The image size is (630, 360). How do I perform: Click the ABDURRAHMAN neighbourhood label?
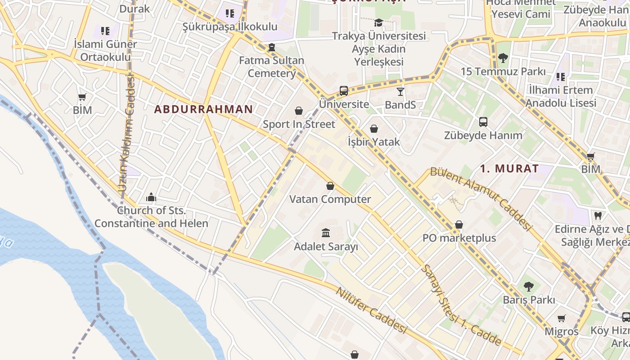click(203, 109)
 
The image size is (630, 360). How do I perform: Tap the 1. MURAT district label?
click(509, 169)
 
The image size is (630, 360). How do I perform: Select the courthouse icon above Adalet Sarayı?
click(326, 233)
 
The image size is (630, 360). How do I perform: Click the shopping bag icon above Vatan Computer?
click(330, 186)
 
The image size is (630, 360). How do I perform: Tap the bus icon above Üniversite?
click(344, 90)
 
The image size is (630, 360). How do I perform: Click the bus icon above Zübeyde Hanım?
click(483, 121)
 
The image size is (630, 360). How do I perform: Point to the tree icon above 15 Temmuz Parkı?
click(503, 58)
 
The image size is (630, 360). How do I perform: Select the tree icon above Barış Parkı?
click(529, 286)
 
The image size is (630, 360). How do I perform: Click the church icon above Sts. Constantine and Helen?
click(151, 197)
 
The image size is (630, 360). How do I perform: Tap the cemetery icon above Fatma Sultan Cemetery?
click(271, 47)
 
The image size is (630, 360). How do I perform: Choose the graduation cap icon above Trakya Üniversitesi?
click(378, 22)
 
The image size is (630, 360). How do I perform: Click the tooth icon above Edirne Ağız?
click(598, 216)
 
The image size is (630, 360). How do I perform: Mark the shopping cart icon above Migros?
click(561, 319)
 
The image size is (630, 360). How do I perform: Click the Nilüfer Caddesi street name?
click(371, 310)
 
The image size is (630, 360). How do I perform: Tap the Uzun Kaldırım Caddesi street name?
click(127, 135)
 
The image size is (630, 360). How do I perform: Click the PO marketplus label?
click(459, 238)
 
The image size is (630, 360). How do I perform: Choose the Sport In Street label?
click(299, 124)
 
